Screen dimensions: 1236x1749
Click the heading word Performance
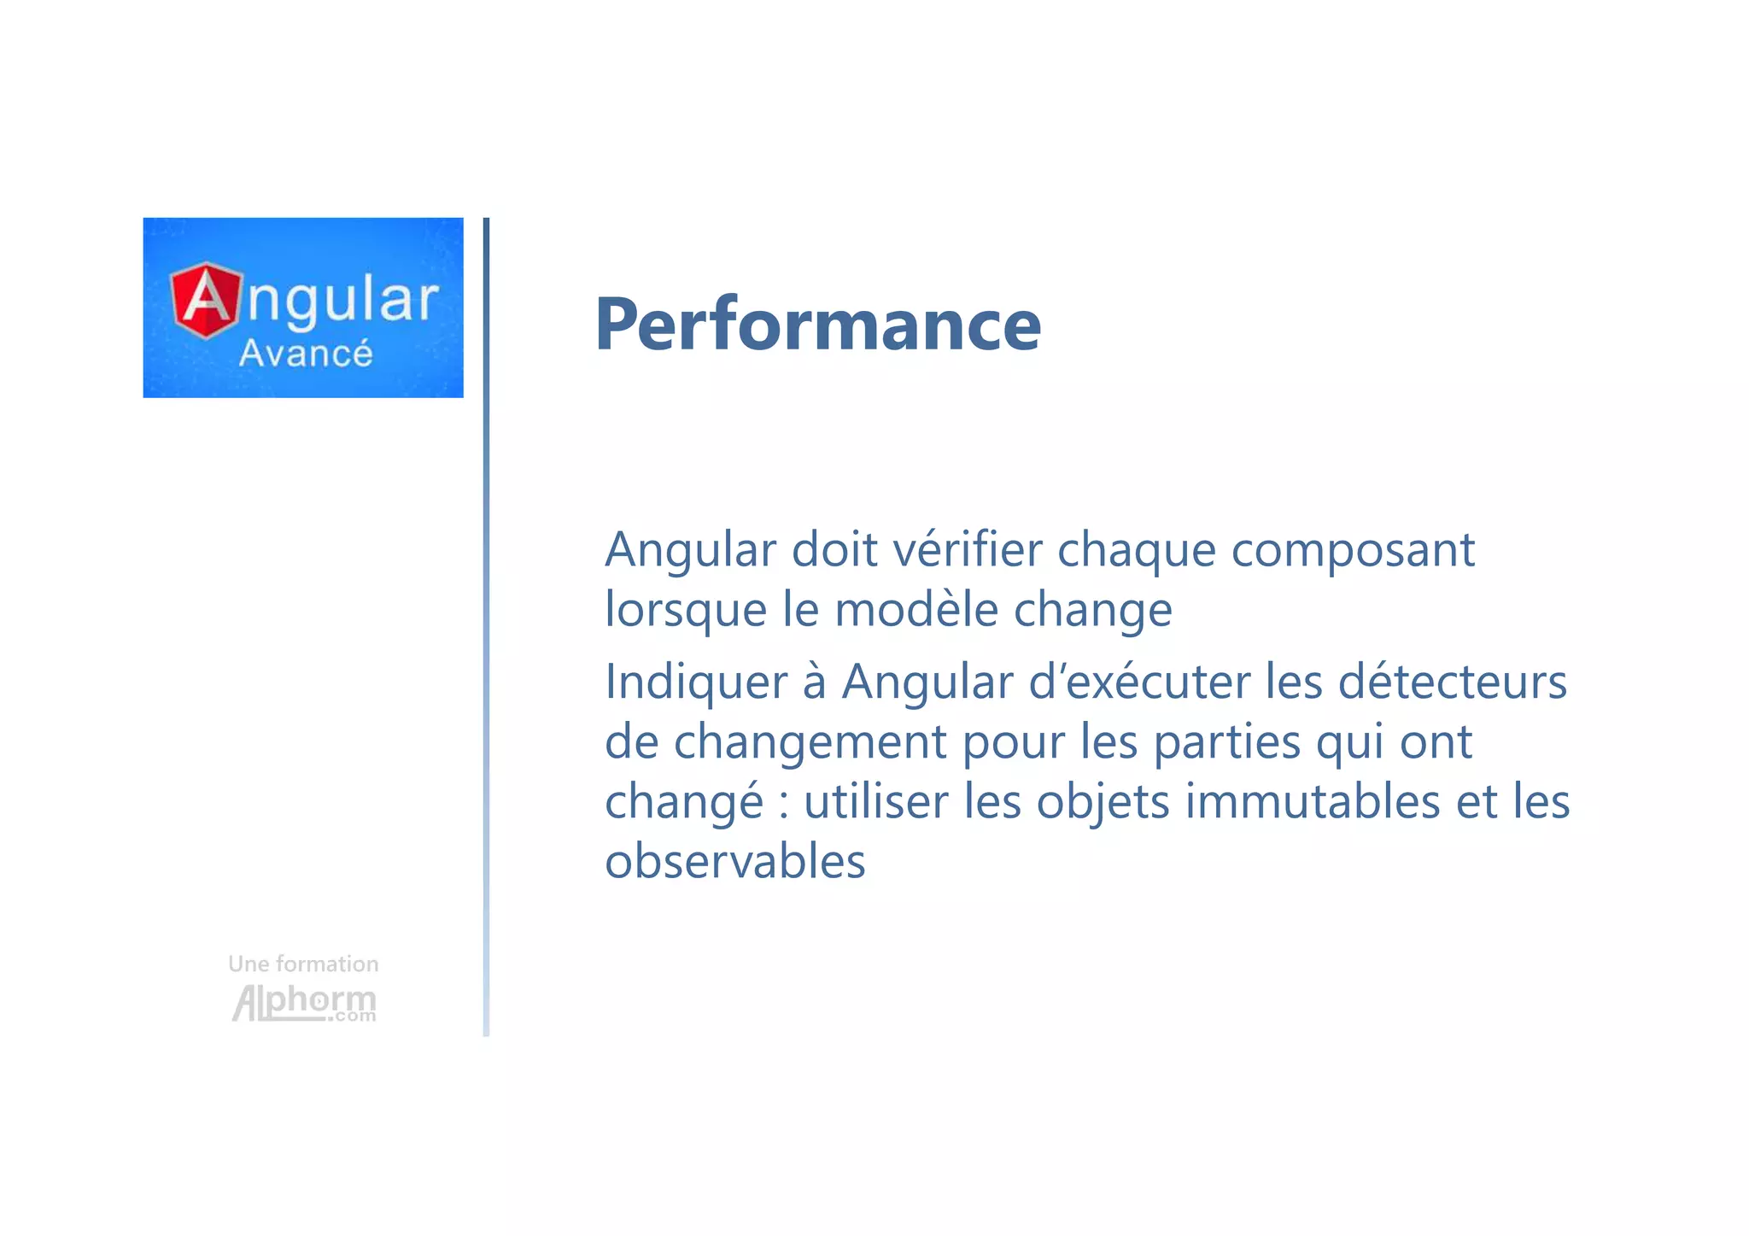tap(817, 325)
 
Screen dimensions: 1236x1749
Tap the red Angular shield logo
tap(206, 300)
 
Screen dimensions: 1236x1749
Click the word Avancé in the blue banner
tap(305, 354)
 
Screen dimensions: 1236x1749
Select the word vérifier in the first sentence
tap(967, 549)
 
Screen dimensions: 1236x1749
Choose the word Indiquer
tap(696, 682)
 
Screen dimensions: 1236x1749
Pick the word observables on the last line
tap(734, 861)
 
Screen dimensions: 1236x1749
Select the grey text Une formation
tap(303, 964)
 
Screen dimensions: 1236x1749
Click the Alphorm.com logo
tap(303, 1003)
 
